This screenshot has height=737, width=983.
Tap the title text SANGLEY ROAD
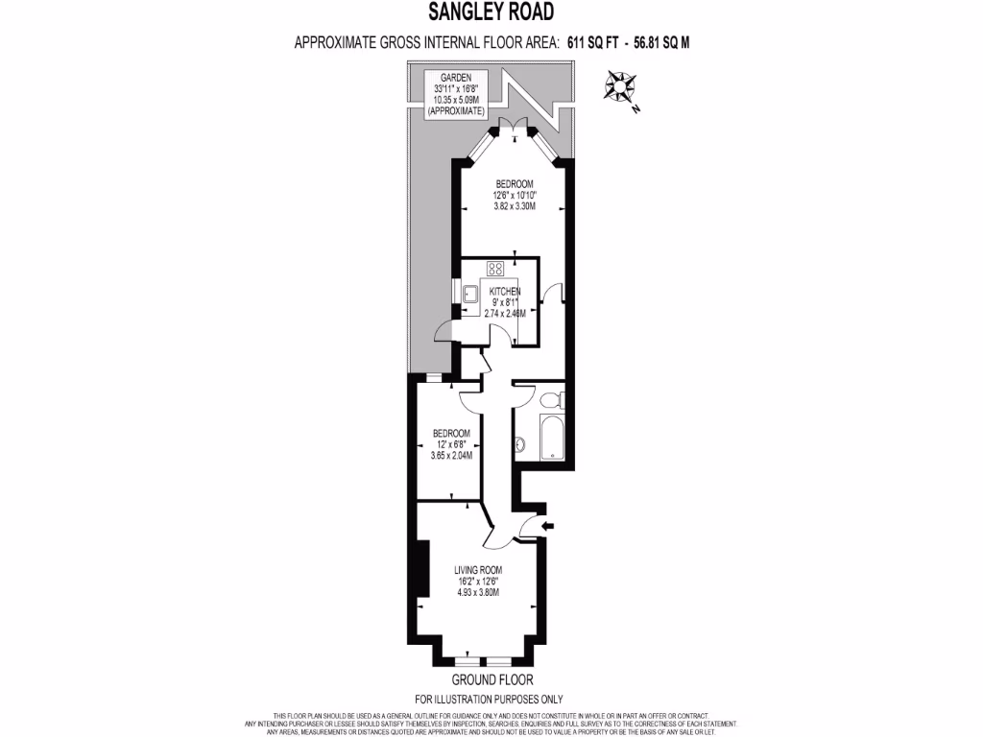[491, 12]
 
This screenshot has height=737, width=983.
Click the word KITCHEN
[505, 291]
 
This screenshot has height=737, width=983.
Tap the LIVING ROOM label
[478, 570]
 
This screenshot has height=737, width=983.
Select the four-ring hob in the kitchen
[496, 269]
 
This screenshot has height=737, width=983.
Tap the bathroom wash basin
[520, 443]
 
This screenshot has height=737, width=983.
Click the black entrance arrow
[548, 526]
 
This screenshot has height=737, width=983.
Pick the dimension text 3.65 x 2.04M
[450, 455]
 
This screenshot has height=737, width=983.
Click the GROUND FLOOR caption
[489, 680]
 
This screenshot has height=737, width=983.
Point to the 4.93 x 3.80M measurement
[478, 592]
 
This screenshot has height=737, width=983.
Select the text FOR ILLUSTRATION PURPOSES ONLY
[489, 699]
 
